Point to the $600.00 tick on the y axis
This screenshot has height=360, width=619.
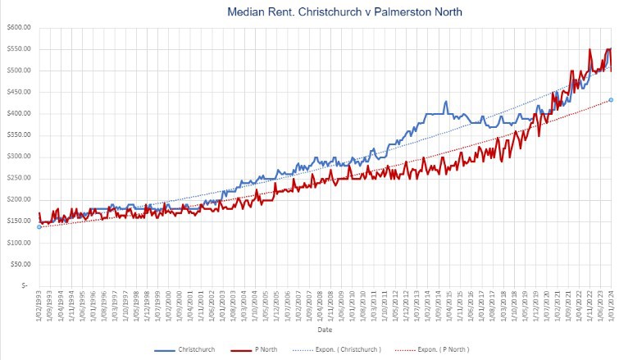tap(17, 27)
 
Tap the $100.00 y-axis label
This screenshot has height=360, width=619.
tap(17, 243)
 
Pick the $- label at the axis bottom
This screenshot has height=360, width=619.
tap(25, 286)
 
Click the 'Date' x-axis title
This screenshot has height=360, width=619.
tap(324, 330)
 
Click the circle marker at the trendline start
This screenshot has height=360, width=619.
tap(39, 226)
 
